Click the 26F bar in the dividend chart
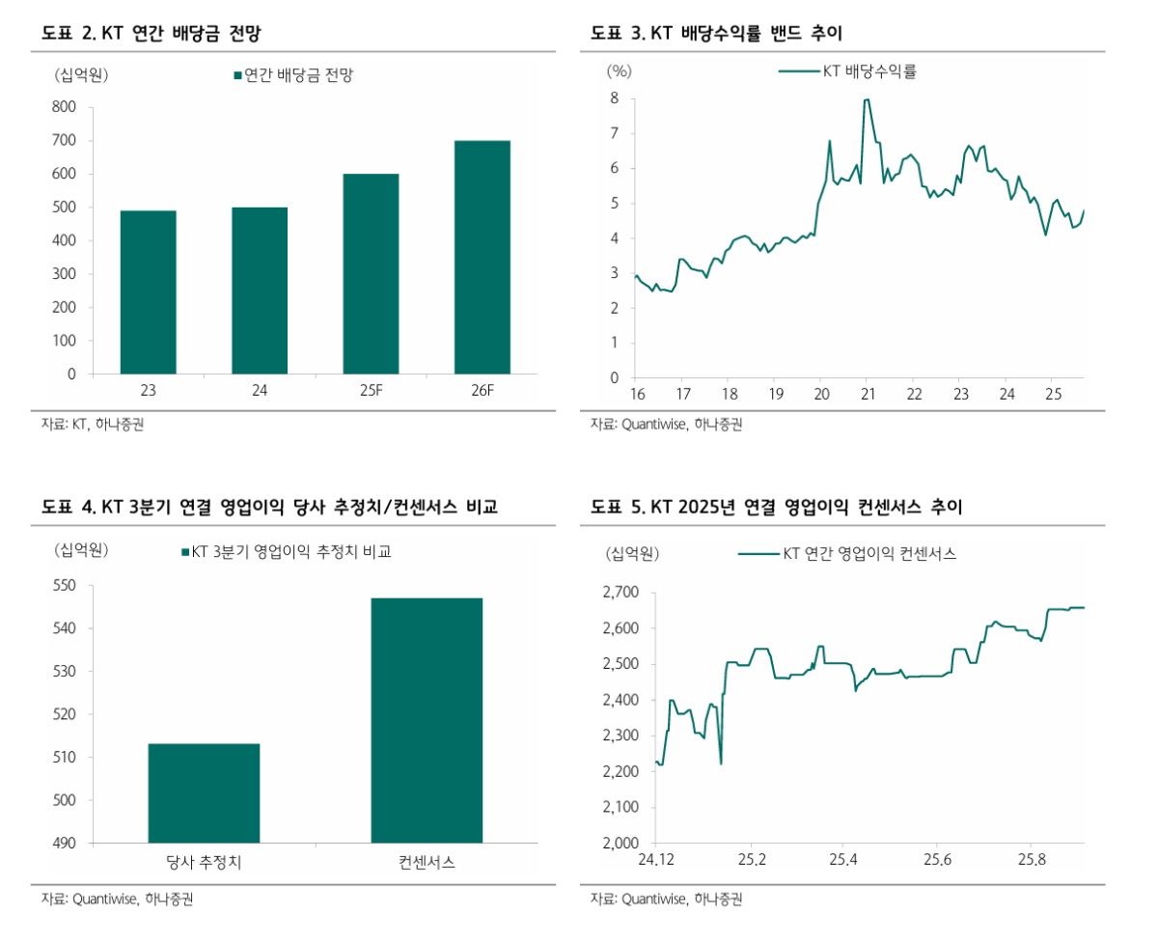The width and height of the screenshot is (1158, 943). click(482, 258)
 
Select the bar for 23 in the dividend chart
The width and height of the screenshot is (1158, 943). click(148, 292)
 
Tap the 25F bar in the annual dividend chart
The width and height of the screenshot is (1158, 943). click(371, 274)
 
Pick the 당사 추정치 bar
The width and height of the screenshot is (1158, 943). click(204, 793)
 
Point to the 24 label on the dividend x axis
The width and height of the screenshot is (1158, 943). click(260, 392)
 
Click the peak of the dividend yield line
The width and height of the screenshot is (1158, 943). click(867, 99)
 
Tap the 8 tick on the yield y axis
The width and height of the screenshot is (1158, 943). click(614, 98)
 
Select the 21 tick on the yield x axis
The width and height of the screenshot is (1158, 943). click(868, 395)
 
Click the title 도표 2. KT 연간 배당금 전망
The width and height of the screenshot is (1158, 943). click(152, 34)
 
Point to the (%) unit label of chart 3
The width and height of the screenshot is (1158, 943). click(619, 70)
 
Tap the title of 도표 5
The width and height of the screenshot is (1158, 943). click(777, 507)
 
